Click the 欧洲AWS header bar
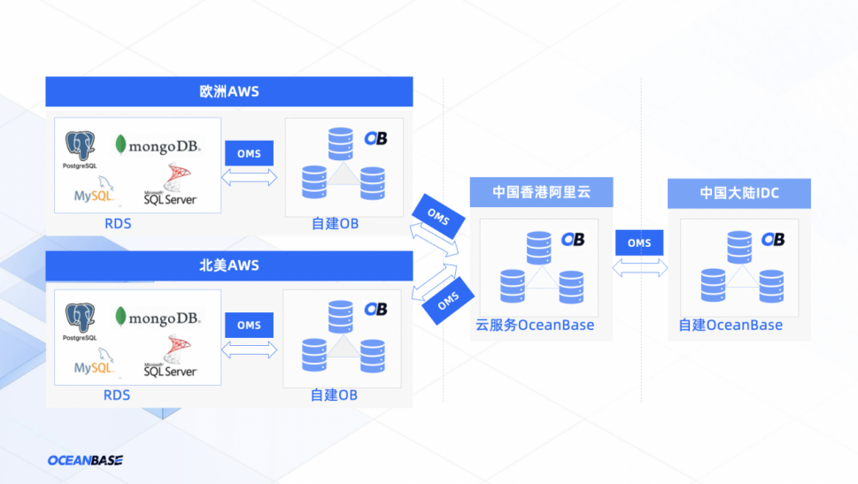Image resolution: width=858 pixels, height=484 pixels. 228,91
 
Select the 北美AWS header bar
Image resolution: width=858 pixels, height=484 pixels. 228,265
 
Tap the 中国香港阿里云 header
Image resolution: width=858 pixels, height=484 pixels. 541,192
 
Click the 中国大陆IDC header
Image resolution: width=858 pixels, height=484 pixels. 738,193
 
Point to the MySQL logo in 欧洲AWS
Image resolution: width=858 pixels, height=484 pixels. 94,189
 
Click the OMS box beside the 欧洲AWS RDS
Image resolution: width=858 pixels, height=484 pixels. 249,153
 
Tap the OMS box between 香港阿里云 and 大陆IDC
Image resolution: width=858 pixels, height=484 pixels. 639,242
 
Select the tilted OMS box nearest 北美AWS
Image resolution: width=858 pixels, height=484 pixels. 448,301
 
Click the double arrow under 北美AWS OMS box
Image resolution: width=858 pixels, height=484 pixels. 249,350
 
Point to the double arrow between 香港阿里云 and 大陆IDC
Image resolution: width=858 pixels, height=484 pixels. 639,267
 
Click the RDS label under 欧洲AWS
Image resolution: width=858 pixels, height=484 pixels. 118,224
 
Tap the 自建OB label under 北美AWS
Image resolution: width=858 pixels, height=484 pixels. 334,396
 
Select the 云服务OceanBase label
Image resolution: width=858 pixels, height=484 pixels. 535,325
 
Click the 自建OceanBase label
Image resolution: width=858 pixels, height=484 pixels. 730,325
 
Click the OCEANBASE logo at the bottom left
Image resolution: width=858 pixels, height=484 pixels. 85,460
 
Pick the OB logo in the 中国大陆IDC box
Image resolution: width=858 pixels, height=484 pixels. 773,240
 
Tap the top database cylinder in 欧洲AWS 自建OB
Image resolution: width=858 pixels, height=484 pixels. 340,144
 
